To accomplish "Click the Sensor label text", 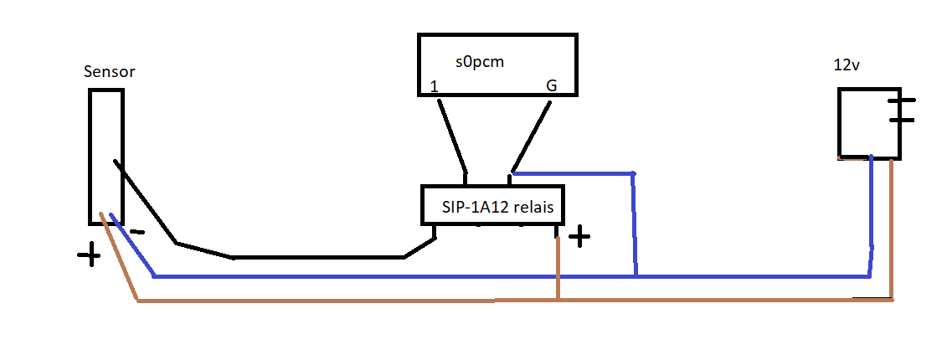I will (110, 72).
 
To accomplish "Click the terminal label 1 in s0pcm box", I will (434, 86).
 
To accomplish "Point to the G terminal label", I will (550, 85).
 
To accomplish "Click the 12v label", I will (847, 66).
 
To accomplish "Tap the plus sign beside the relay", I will (579, 237).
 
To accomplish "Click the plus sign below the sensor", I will (89, 255).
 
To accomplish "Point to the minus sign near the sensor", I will (138, 232).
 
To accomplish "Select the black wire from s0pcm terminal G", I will (531, 136).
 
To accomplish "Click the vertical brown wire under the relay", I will (558, 268).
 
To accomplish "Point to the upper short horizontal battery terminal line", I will (902, 100).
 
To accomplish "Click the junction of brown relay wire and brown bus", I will (558, 300).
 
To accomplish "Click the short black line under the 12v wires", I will (871, 297).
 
